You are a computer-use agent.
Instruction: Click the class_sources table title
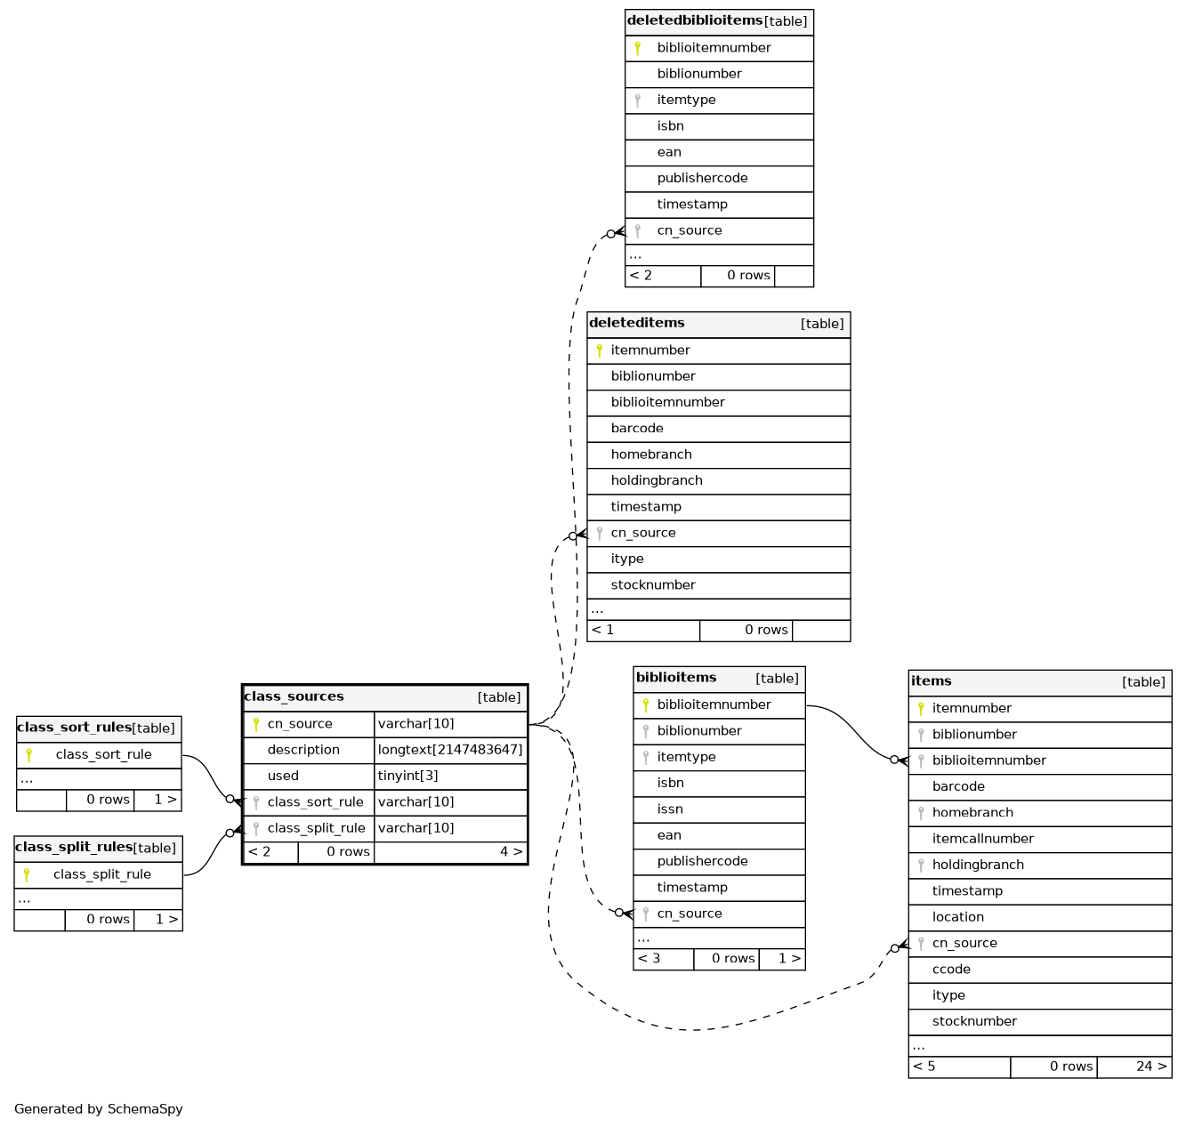pyautogui.click(x=294, y=696)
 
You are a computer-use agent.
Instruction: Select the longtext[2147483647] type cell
pyautogui.click(x=450, y=750)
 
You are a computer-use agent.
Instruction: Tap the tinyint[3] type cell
pyautogui.click(x=408, y=776)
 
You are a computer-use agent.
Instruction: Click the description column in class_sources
pyautogui.click(x=303, y=750)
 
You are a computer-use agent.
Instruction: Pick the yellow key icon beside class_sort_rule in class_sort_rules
pyautogui.click(x=29, y=755)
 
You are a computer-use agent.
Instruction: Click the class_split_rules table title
pyautogui.click(x=74, y=848)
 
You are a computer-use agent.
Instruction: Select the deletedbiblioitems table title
pyautogui.click(x=695, y=21)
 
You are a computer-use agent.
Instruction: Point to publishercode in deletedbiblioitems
pyautogui.click(x=702, y=178)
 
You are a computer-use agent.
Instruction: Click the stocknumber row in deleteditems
pyautogui.click(x=653, y=585)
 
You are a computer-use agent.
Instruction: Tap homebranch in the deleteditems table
pyautogui.click(x=651, y=455)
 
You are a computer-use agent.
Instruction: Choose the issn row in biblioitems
pyautogui.click(x=670, y=809)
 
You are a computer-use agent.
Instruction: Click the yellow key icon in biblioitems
pyautogui.click(x=646, y=705)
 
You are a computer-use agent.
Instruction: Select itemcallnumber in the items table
pyautogui.click(x=982, y=839)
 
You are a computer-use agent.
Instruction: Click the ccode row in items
pyautogui.click(x=951, y=970)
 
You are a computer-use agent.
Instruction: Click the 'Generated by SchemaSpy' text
pyautogui.click(x=99, y=1109)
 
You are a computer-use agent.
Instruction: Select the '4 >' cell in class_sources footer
pyautogui.click(x=511, y=852)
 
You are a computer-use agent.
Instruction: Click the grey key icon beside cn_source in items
pyautogui.click(x=921, y=944)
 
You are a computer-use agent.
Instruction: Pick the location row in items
pyautogui.click(x=957, y=917)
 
